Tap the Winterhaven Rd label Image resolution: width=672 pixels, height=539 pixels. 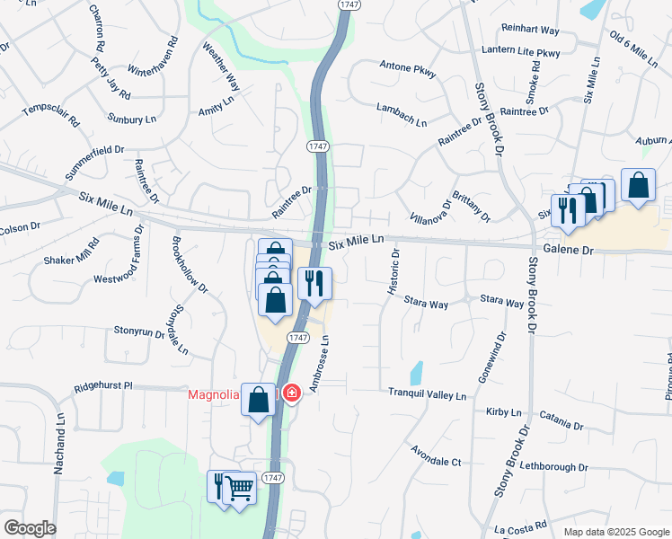click(152, 59)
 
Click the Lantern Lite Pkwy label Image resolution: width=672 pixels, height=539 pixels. click(521, 53)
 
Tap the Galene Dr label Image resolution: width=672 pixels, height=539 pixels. click(568, 252)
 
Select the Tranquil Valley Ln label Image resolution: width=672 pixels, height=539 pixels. click(428, 394)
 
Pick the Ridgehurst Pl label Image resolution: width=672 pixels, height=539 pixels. click(102, 385)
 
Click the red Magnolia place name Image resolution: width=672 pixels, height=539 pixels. click(213, 394)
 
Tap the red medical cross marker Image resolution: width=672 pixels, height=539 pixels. click(291, 393)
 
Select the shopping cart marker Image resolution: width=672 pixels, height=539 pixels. click(239, 488)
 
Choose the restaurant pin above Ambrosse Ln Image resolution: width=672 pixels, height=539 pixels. click(314, 283)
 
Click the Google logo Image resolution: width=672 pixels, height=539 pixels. click(30, 528)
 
